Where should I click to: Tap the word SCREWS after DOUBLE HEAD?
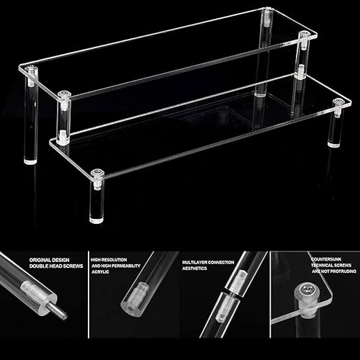tap(73, 266)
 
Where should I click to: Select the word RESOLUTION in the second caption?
tap(114, 260)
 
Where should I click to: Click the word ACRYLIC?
tap(100, 271)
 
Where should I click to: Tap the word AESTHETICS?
tap(194, 269)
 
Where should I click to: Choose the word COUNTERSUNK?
tap(326, 259)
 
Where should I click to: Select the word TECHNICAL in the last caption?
tap(322, 265)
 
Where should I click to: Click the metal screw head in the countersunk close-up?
tap(308, 290)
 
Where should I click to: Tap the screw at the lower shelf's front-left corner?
tap(97, 172)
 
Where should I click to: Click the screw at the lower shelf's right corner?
tap(340, 102)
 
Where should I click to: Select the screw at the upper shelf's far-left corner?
tap(31, 68)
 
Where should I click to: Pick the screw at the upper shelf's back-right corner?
tap(267, 10)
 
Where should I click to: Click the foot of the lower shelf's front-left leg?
tap(96, 220)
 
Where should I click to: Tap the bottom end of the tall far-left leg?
tap(31, 161)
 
